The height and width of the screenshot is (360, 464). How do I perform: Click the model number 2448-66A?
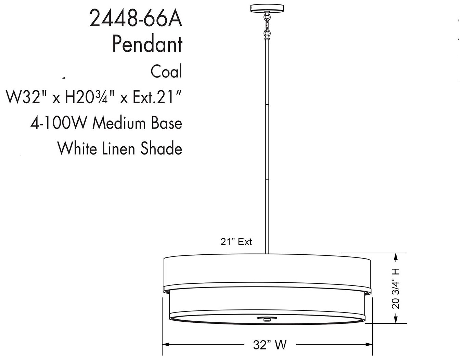[136, 19]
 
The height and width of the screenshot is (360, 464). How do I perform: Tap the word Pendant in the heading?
[147, 44]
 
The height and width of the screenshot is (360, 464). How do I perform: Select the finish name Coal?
[166, 71]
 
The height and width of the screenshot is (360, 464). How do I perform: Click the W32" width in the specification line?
[26, 98]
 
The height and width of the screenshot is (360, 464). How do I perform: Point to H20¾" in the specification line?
[89, 98]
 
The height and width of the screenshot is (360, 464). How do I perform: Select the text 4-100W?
[60, 123]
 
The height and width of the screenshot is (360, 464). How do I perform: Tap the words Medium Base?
[138, 123]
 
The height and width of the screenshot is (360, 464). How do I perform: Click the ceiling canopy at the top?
[267, 8]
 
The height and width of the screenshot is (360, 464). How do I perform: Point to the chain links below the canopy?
[267, 24]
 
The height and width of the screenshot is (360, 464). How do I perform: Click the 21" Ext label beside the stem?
[236, 242]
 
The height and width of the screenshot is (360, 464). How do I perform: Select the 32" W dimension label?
[270, 345]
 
